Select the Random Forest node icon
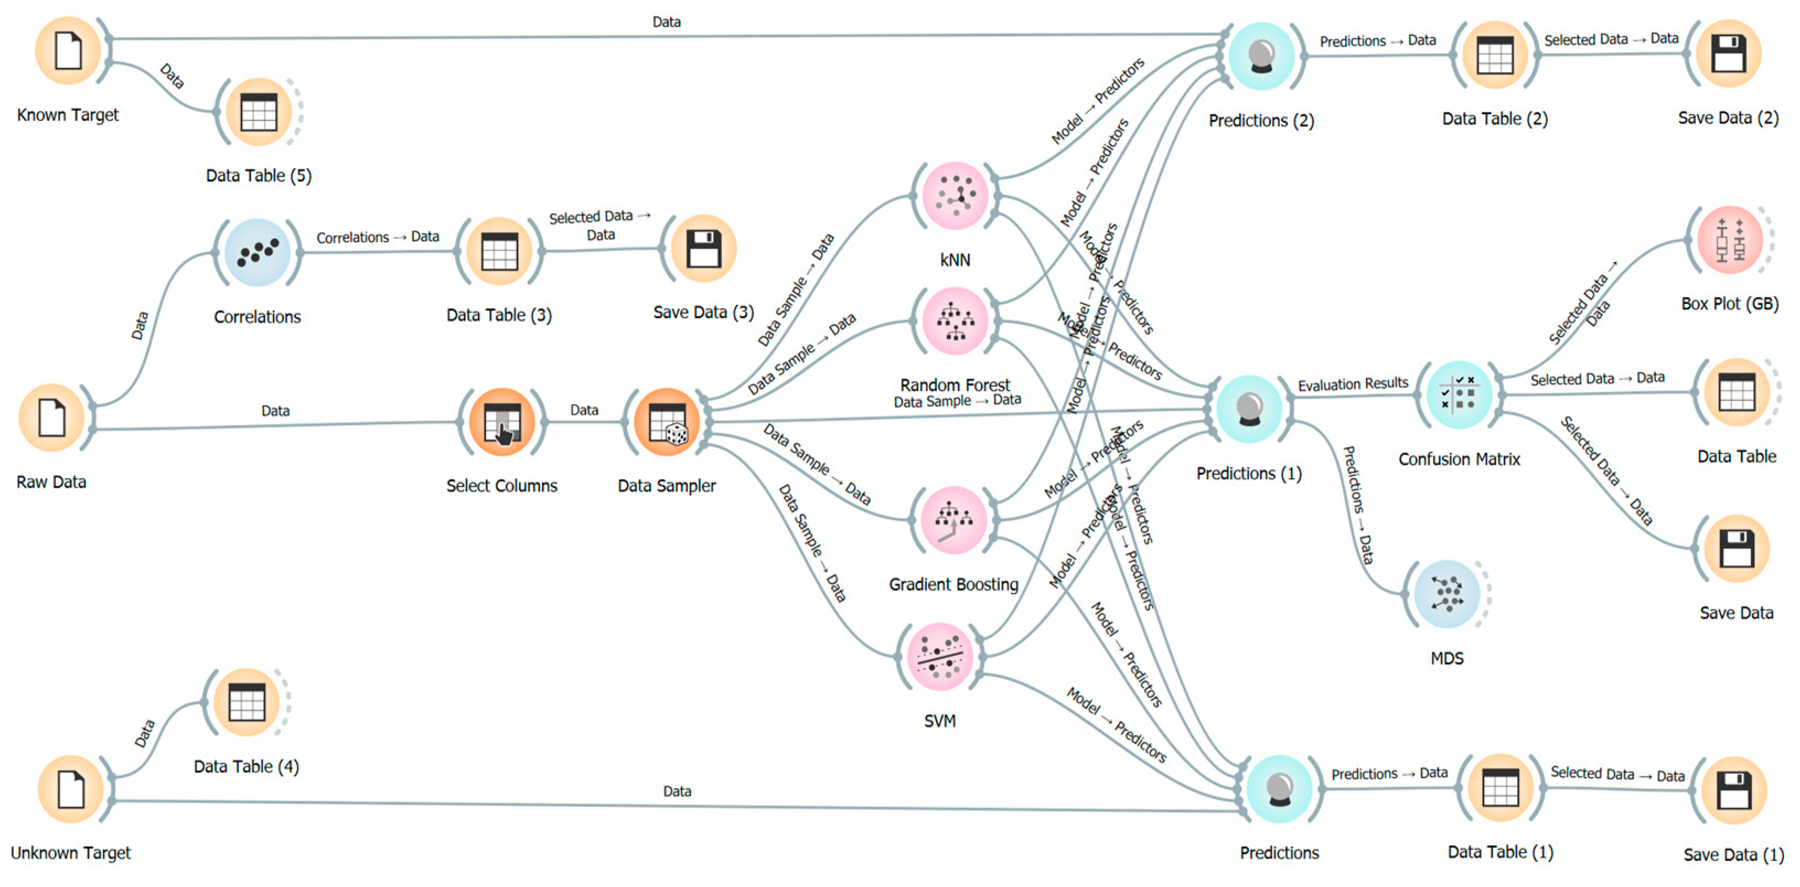(x=955, y=321)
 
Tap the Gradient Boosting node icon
(x=954, y=520)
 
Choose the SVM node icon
(x=940, y=657)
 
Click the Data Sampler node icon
(x=667, y=422)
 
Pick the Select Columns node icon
(x=502, y=422)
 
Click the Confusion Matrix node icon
(x=1458, y=395)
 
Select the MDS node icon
(x=1447, y=594)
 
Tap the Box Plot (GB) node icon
(x=1729, y=240)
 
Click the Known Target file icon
(x=68, y=50)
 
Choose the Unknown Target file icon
(x=71, y=788)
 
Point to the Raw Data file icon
(x=52, y=418)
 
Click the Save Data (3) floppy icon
(x=703, y=249)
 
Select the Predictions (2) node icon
(x=1261, y=56)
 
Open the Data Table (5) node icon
(x=259, y=112)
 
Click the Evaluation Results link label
(x=1353, y=384)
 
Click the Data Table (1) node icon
(x=1500, y=788)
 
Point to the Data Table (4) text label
(x=246, y=766)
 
